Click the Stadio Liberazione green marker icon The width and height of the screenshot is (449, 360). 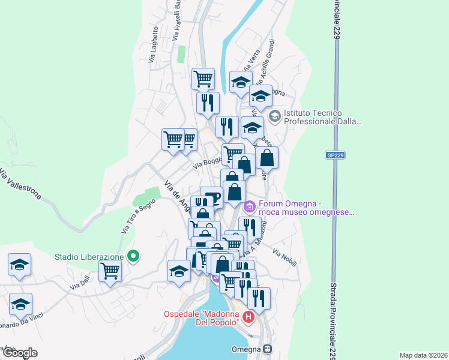(x=134, y=256)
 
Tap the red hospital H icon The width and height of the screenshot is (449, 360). (x=249, y=316)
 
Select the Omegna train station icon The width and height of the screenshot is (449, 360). (x=268, y=349)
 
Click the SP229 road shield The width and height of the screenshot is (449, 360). (x=335, y=155)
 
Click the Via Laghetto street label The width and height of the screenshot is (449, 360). (x=154, y=44)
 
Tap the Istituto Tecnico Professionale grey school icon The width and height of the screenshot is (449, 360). (x=275, y=116)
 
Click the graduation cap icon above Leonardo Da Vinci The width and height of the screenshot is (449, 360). (x=20, y=303)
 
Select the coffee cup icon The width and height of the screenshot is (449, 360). (x=211, y=197)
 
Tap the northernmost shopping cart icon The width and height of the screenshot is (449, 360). (x=203, y=78)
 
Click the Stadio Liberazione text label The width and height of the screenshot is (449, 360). (x=89, y=257)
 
